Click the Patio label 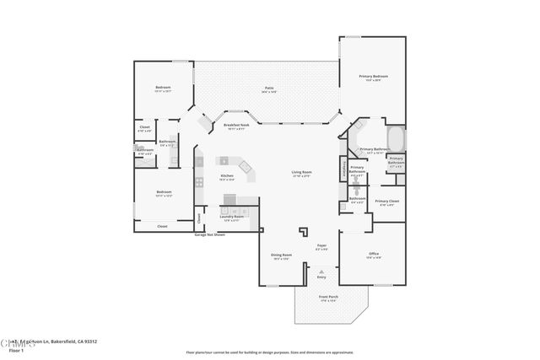[268, 88]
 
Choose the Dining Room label [281, 255]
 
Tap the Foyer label [321, 246]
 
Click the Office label [373, 254]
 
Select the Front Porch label [328, 297]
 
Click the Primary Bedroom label [375, 78]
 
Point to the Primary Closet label [386, 201]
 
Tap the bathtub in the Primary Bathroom [395, 137]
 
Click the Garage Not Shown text [210, 234]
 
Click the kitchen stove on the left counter [199, 180]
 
